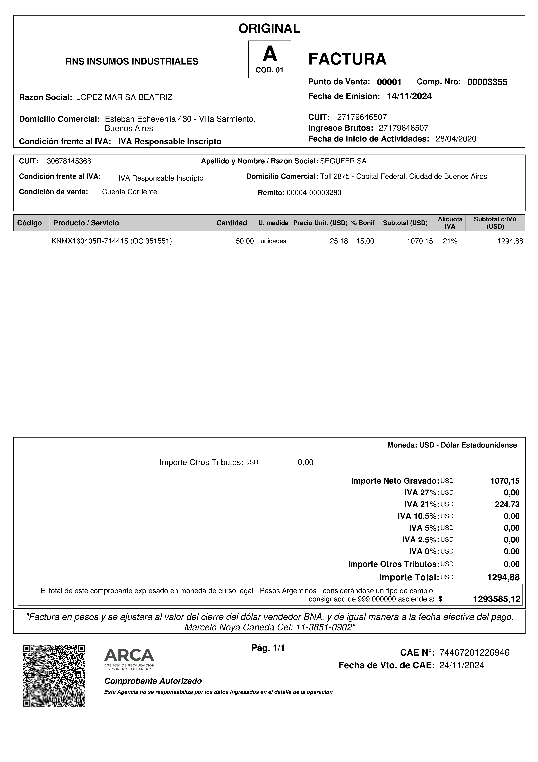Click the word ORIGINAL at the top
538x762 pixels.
tap(269, 29)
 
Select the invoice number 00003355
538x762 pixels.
tap(487, 82)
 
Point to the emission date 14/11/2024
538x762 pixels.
tap(409, 96)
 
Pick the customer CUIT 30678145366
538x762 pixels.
tap(69, 161)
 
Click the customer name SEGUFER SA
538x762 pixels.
tap(343, 161)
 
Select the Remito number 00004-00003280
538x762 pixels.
tap(314, 193)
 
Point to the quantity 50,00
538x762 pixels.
tap(245, 241)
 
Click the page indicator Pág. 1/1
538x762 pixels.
tap(268, 648)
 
